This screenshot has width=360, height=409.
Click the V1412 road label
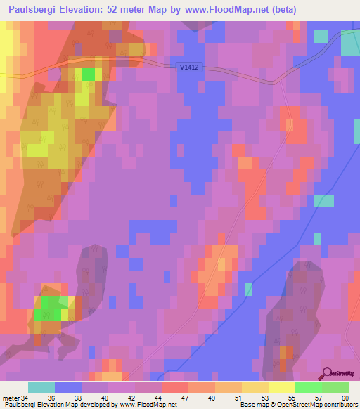click(x=188, y=67)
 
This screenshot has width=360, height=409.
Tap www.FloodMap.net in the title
click(x=225, y=10)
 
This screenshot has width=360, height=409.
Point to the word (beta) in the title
click(x=282, y=10)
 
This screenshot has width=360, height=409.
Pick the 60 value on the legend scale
click(x=345, y=398)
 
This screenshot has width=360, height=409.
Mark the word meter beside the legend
click(x=10, y=398)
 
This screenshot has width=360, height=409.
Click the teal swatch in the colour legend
click(x=41, y=387)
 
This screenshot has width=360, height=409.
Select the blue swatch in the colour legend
click(x=67, y=387)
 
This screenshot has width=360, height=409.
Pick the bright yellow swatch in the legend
click(x=281, y=387)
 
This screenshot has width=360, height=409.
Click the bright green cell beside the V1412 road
click(x=88, y=74)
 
